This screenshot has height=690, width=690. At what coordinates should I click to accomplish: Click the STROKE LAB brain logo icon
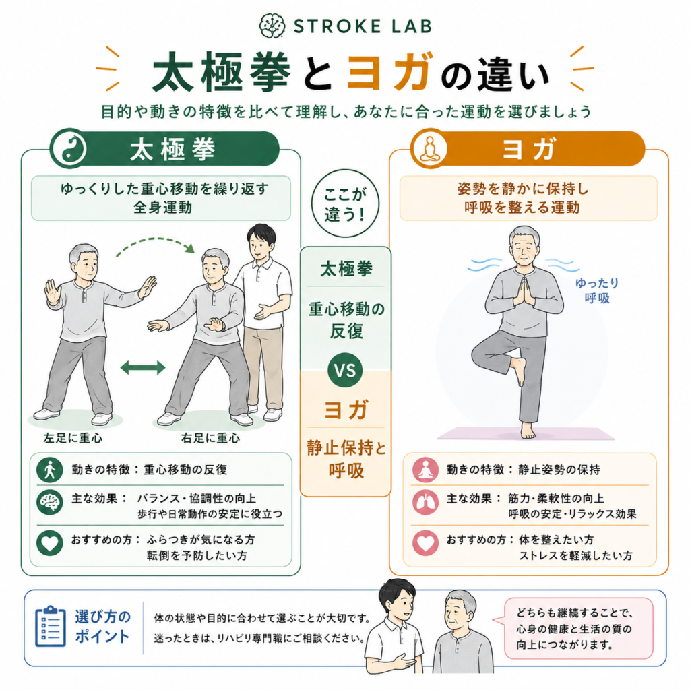click(272, 26)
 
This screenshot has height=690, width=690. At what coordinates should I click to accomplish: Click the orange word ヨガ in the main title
click(388, 71)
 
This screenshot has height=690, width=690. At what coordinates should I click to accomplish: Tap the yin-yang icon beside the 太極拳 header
click(68, 149)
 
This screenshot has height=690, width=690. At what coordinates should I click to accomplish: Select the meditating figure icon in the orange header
click(429, 149)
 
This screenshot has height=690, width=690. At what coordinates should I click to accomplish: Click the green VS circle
click(346, 370)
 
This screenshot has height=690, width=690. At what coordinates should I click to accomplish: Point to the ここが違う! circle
click(346, 203)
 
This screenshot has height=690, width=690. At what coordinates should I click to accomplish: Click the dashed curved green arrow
click(155, 245)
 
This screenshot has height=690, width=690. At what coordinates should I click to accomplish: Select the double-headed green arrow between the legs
click(143, 367)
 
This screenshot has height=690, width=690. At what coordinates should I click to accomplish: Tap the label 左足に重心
click(73, 438)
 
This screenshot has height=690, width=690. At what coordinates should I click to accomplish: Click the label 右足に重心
click(210, 438)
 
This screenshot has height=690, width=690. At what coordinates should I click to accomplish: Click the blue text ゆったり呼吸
click(597, 290)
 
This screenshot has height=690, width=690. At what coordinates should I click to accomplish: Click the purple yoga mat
click(526, 433)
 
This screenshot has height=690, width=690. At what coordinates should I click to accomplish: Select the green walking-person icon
click(50, 470)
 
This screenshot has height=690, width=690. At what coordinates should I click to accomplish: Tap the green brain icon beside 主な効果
click(50, 502)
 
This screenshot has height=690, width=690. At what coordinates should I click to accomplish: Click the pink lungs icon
click(425, 502)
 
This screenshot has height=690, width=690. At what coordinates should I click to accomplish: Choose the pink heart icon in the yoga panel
click(425, 542)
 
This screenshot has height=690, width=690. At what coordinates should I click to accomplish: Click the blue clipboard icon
click(51, 627)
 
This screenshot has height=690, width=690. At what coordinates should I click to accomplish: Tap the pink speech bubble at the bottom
click(574, 629)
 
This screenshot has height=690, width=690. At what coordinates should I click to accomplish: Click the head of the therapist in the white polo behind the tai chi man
click(261, 242)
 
